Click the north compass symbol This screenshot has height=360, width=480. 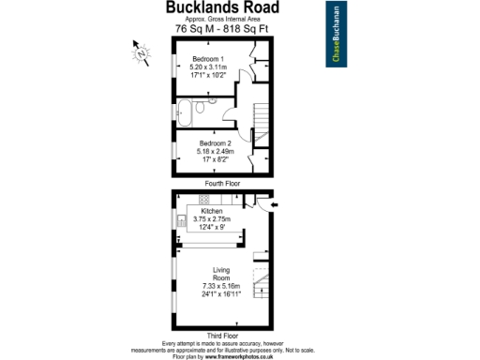[x=142, y=52]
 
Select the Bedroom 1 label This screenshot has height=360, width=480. [x=207, y=59]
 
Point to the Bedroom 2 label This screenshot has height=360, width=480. [x=215, y=142]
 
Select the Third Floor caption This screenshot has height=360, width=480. [x=221, y=335]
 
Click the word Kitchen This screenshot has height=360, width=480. [x=212, y=212]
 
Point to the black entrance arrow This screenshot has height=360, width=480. [x=273, y=203]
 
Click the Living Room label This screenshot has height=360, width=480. [x=221, y=274]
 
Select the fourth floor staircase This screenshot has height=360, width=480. [x=260, y=122]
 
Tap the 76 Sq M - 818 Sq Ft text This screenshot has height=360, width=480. [x=221, y=29]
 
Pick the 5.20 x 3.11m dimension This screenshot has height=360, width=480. [x=207, y=67]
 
